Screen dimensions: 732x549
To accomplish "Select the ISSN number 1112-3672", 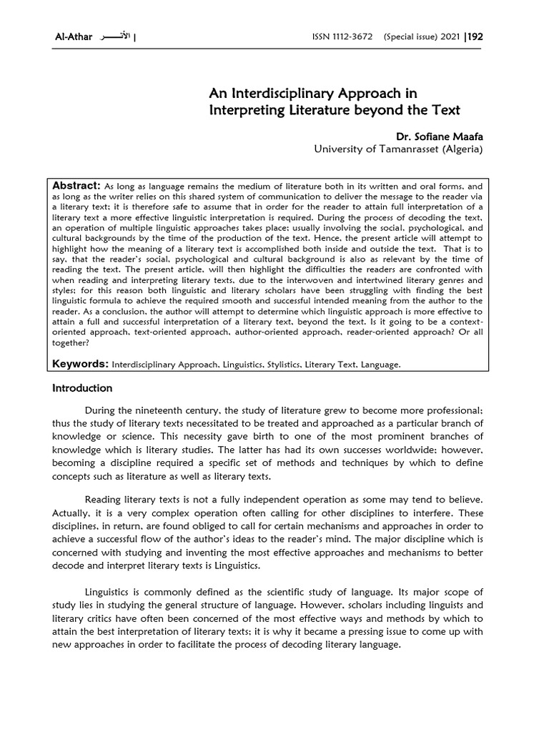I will click(x=348, y=36).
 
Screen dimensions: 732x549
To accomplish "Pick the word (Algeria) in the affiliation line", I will click(x=464, y=149).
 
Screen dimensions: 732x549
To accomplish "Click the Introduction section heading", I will click(x=82, y=388).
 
